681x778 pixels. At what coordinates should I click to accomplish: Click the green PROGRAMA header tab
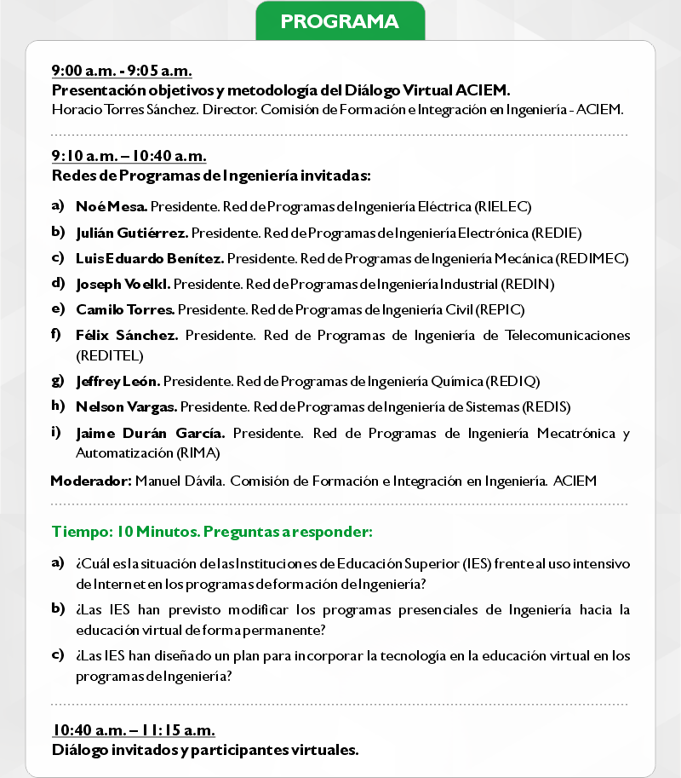340,20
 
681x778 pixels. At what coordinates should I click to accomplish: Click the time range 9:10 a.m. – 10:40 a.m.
129,157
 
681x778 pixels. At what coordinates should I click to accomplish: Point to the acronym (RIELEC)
504,207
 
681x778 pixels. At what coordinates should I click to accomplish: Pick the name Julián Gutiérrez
132,233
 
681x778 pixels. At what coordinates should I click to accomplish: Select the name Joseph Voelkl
123,284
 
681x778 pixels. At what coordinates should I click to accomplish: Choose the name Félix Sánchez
127,336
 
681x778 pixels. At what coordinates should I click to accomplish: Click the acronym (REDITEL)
110,354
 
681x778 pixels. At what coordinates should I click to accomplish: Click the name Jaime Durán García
150,433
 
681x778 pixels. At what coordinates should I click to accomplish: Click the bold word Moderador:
91,481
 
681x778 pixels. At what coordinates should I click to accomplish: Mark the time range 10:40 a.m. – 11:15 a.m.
134,731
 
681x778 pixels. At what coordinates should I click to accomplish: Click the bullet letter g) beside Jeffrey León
58,379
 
